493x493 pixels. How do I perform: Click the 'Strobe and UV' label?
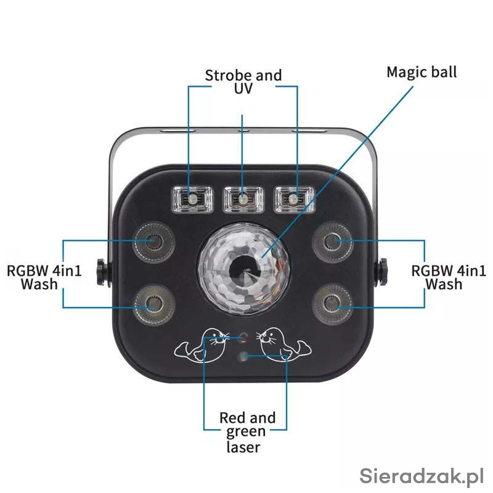coord(243,82)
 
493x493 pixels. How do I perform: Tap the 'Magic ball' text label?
coord(422,71)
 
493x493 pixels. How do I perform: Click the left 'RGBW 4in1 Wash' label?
coord(44,277)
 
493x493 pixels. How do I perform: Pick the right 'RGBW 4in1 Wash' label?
coord(449,277)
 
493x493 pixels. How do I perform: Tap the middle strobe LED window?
coord(243,199)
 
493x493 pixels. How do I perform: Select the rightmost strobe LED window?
coord(295,199)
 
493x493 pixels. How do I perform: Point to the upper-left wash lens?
coord(151,242)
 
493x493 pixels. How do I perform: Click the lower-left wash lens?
coord(151,303)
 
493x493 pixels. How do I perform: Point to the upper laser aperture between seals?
coord(243,337)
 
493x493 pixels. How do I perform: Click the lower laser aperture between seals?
coord(245,356)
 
